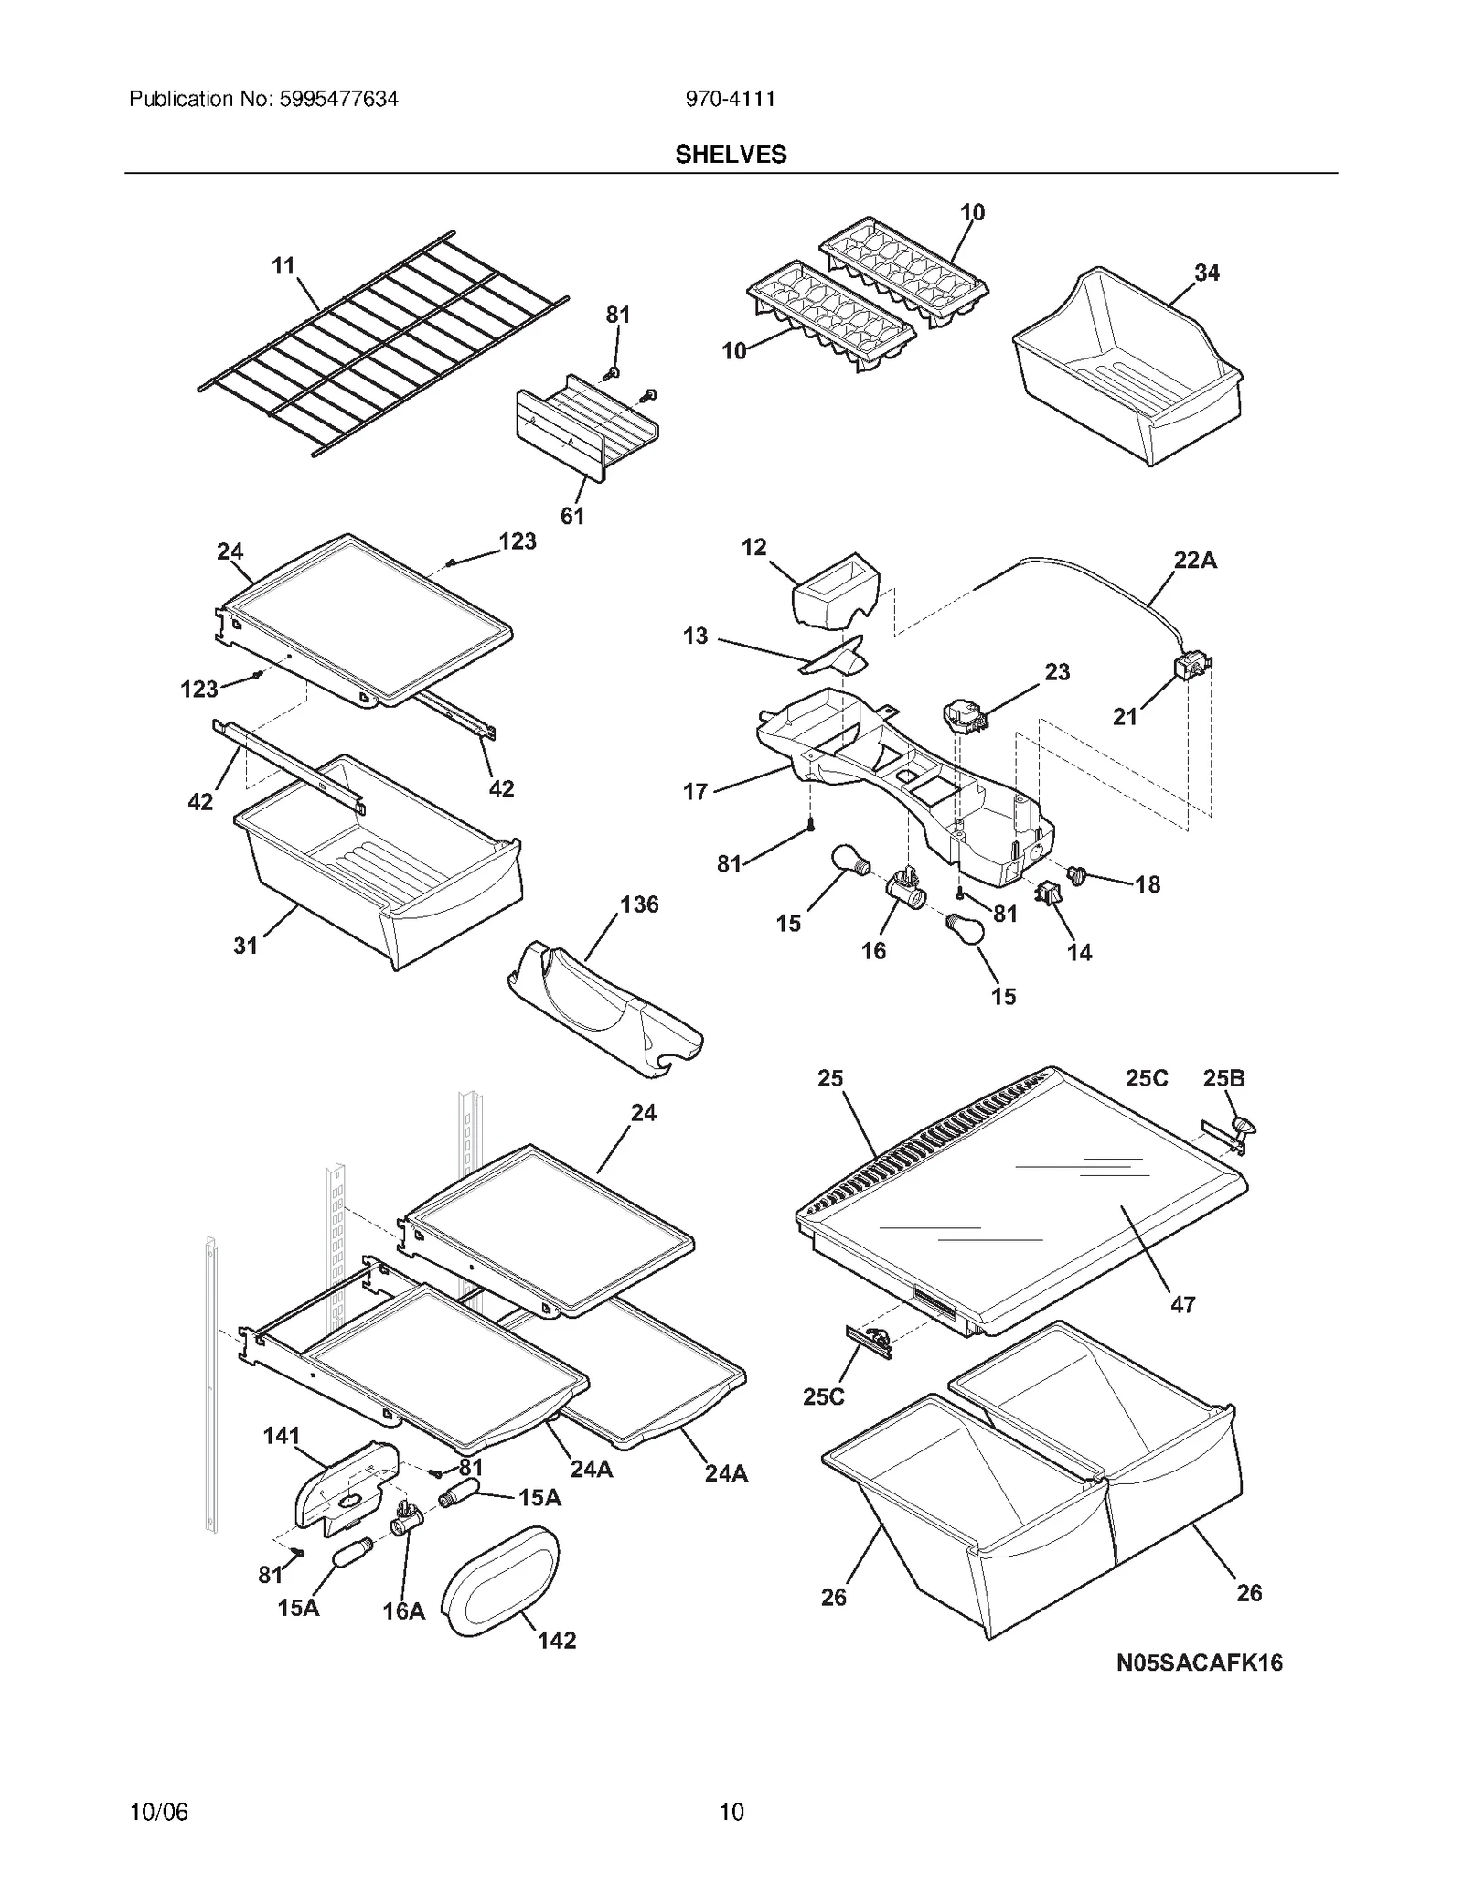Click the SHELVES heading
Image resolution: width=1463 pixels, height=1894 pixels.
click(x=731, y=155)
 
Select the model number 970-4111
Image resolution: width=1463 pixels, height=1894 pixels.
click(x=731, y=99)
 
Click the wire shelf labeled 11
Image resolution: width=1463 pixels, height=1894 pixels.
click(x=384, y=343)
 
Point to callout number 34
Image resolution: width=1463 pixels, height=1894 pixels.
click(x=1206, y=273)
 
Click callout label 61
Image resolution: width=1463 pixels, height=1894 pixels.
click(x=572, y=516)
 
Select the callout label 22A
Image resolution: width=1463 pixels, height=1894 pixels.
click(x=1195, y=561)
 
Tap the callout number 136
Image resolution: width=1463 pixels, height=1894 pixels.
click(x=639, y=904)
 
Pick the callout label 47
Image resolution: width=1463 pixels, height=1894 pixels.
click(x=1183, y=1305)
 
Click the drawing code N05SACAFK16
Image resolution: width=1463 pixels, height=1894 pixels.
click(x=1199, y=1663)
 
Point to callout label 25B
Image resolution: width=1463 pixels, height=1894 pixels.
click(x=1223, y=1078)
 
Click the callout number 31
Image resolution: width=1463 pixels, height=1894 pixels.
click(x=245, y=946)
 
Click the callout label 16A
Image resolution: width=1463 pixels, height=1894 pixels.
click(x=403, y=1610)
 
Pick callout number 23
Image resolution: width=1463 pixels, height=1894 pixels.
click(x=1057, y=672)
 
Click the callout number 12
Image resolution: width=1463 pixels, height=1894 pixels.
click(x=753, y=547)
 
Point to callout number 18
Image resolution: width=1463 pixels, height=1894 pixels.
click(x=1148, y=884)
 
